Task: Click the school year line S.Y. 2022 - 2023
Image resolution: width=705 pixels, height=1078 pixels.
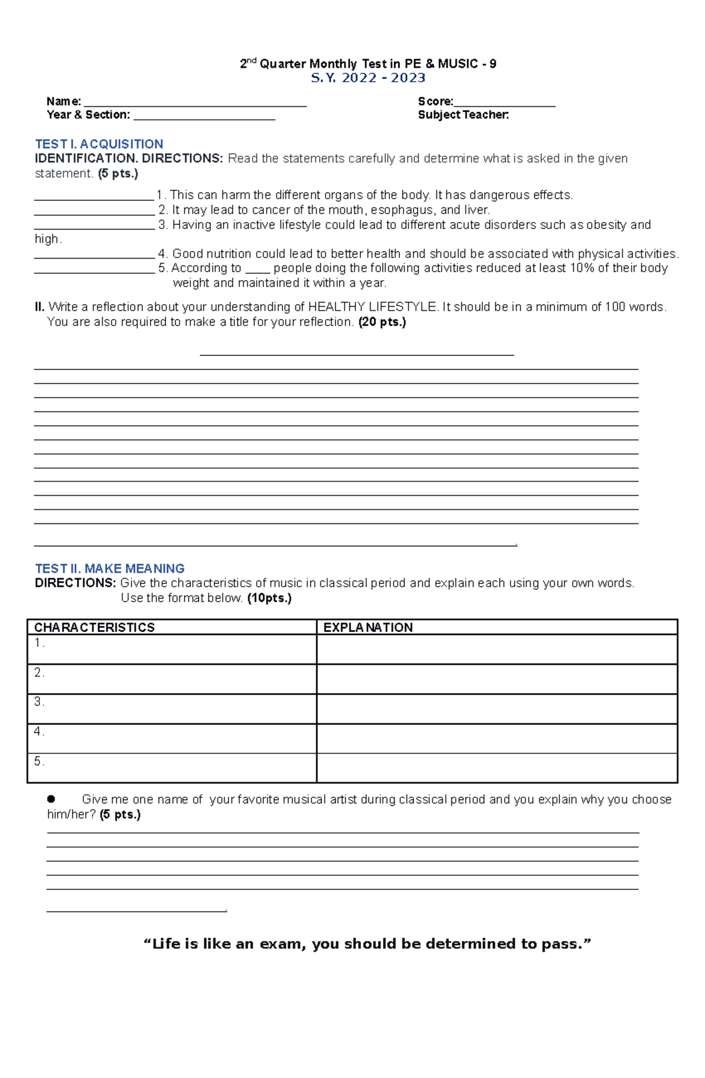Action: click(x=368, y=78)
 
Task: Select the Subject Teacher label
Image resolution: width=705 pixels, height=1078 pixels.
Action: click(x=463, y=115)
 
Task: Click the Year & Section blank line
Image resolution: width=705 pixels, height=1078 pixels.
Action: click(x=204, y=118)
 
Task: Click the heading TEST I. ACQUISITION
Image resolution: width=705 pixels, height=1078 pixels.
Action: click(x=99, y=144)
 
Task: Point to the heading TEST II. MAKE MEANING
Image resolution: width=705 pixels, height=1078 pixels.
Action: click(x=110, y=569)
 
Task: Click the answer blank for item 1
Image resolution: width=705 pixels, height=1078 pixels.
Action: click(x=94, y=199)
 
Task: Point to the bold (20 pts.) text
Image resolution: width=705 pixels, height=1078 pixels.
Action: click(x=382, y=322)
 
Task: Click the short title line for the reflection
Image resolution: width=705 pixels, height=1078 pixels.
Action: click(x=357, y=354)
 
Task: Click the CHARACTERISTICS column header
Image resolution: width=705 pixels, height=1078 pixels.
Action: click(x=94, y=627)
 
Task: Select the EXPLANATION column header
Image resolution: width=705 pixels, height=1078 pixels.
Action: click(x=368, y=627)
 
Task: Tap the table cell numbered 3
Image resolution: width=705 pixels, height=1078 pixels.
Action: click(x=172, y=708)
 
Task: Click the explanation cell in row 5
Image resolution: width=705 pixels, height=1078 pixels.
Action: click(x=496, y=768)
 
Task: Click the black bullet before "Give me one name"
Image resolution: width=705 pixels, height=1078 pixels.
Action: click(x=51, y=799)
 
